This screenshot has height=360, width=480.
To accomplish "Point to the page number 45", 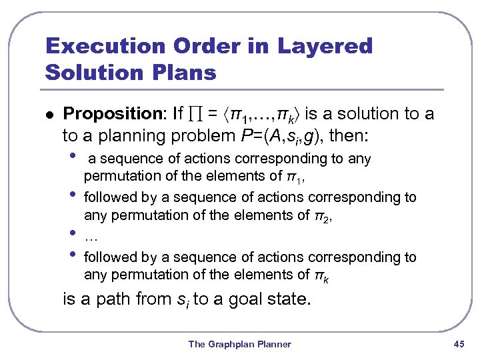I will coord(458,344).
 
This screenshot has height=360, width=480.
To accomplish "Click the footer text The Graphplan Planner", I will coord(239,344).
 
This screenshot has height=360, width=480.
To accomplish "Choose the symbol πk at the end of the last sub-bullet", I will coord(322,275).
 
